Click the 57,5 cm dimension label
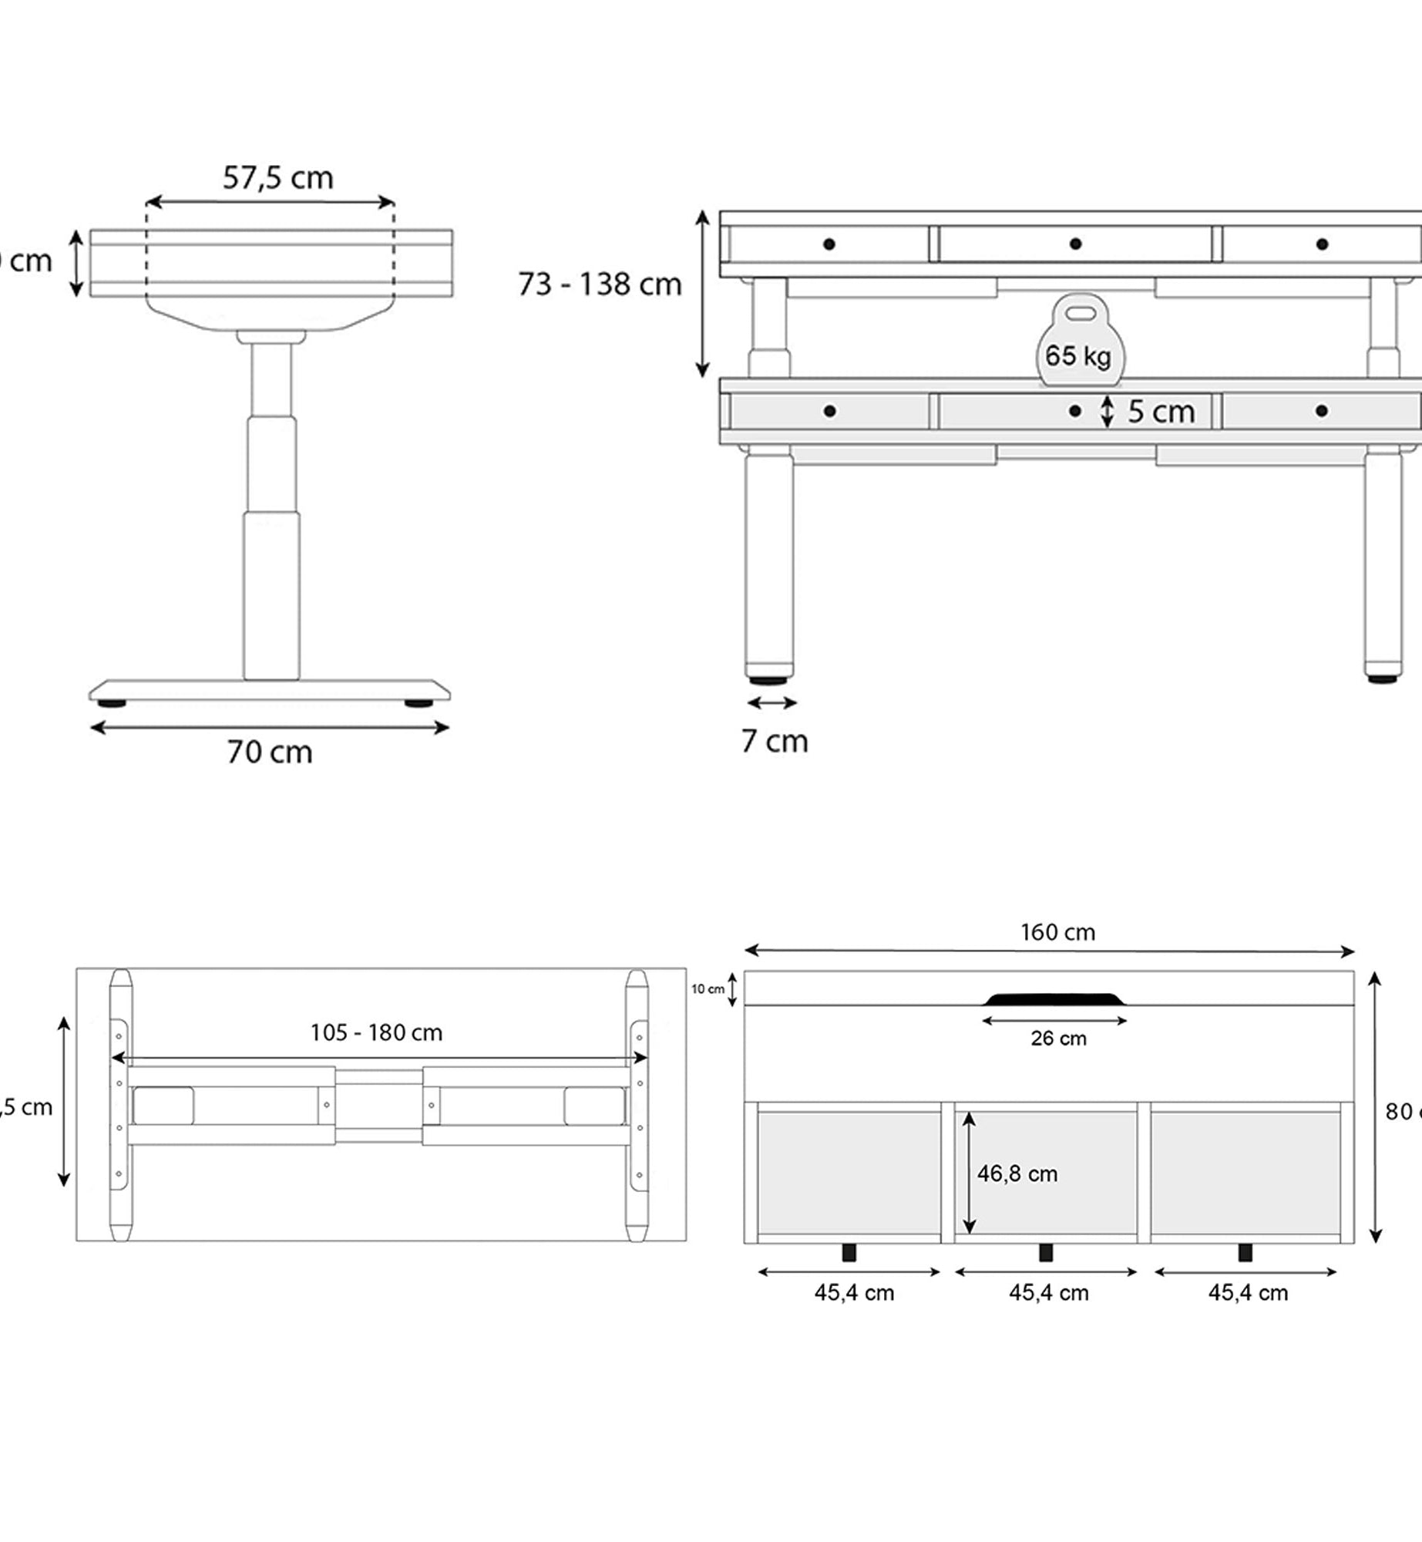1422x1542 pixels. pos(277,178)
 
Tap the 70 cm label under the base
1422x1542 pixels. pos(270,752)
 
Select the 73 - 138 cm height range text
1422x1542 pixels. pos(600,284)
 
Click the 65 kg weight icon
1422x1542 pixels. pos(1078,343)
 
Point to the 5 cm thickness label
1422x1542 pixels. pos(1161,412)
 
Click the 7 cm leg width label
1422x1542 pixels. pos(774,741)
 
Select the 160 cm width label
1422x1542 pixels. pos(1057,933)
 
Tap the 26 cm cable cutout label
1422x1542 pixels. pos(1058,1039)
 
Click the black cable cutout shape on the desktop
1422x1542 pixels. pos(1054,999)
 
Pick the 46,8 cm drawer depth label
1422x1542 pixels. pos(1017,1173)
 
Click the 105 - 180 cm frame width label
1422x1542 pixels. pos(376,1033)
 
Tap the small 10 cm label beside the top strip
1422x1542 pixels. pos(707,989)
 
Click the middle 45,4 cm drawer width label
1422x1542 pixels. pos(1048,1293)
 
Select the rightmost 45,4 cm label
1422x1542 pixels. pos(1247,1293)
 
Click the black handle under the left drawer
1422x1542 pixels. pos(849,1252)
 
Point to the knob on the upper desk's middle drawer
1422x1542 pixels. pos(1075,244)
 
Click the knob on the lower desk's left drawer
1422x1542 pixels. pos(829,411)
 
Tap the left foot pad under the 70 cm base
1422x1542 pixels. pos(112,703)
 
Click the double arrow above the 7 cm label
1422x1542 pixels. pos(772,702)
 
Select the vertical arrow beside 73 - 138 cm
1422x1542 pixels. pos(702,294)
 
